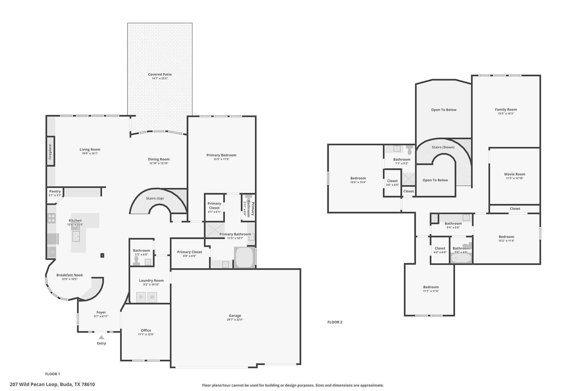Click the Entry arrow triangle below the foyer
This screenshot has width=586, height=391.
tap(101, 337)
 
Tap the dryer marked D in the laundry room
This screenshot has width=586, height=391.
tap(141, 297)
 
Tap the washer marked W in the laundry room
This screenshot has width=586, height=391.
tap(152, 297)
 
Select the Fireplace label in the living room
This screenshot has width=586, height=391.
tap(50, 151)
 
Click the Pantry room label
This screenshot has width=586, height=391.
tap(55, 191)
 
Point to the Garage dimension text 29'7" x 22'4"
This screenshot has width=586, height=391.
tap(235, 320)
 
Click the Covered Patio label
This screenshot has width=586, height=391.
tap(160, 74)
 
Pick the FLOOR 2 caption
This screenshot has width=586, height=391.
tap(335, 322)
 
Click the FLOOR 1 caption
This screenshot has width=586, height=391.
tap(53, 374)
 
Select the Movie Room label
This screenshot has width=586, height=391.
tap(514, 174)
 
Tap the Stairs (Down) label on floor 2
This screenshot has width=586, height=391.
tap(443, 147)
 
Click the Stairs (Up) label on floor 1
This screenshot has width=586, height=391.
tap(155, 198)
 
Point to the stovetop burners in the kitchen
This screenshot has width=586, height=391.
tap(52, 218)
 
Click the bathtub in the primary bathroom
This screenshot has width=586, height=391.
tap(244, 257)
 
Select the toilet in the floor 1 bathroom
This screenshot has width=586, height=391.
tap(136, 260)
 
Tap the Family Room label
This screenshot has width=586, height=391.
tap(506, 109)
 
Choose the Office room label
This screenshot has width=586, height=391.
tap(146, 330)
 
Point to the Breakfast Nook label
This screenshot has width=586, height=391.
tap(70, 275)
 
